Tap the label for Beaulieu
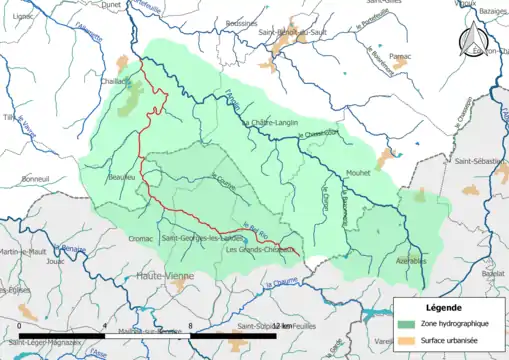pos(121,178)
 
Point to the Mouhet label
pos(357,171)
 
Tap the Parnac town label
pos(402,56)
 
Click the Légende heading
pos(444,307)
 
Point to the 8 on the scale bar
pos(189,326)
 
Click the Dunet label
pos(111,5)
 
